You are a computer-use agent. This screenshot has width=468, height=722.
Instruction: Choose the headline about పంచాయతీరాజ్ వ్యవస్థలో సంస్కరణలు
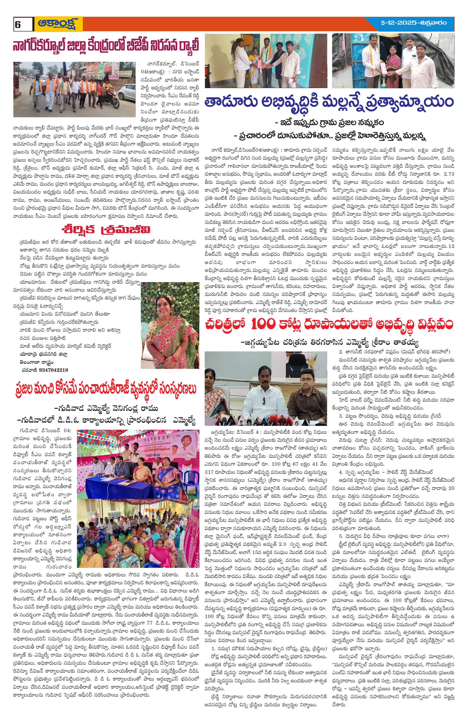coord(105,389)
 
